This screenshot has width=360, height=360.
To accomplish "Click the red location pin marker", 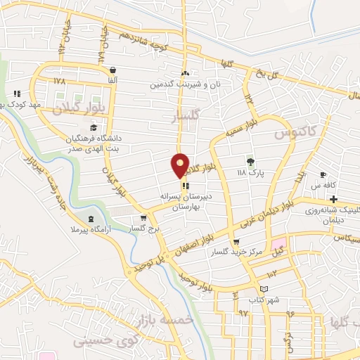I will click(180, 165).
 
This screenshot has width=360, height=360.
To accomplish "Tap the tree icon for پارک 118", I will click(249, 160).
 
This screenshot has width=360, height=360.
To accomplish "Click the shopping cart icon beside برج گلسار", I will click(143, 218).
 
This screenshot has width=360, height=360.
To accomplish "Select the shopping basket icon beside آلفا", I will click(112, 70).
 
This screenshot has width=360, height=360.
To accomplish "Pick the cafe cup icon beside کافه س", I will click(323, 175).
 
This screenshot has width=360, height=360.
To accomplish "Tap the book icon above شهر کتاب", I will click(264, 289).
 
